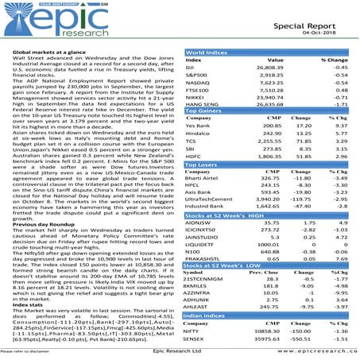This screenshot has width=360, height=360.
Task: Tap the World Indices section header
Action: [208, 53]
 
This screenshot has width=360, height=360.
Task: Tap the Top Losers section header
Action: [205, 166]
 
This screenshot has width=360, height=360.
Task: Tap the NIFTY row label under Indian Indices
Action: [195, 332]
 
